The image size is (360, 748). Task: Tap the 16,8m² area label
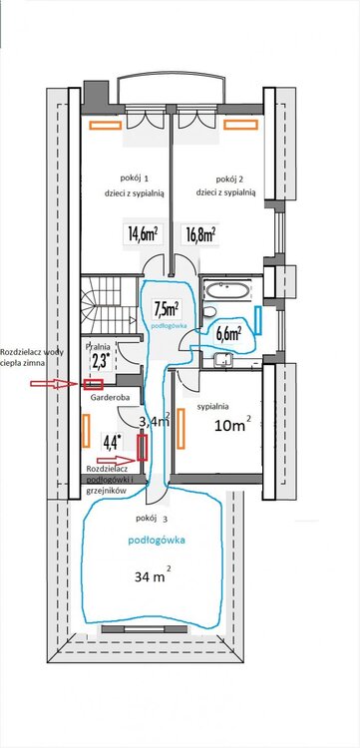199,234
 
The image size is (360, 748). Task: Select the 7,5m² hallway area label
167,309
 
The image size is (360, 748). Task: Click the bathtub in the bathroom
226,289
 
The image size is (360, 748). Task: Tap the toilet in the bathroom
208,312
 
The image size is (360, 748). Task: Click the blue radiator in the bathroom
258,320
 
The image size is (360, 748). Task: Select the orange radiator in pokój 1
105,125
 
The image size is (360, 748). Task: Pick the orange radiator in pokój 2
240,125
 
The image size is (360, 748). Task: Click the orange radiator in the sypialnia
181,429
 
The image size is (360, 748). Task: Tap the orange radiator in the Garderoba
86,431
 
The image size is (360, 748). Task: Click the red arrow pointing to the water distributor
54,384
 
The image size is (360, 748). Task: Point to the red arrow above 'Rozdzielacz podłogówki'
117,460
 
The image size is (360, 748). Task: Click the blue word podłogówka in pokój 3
157,541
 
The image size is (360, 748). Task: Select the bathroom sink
222,359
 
